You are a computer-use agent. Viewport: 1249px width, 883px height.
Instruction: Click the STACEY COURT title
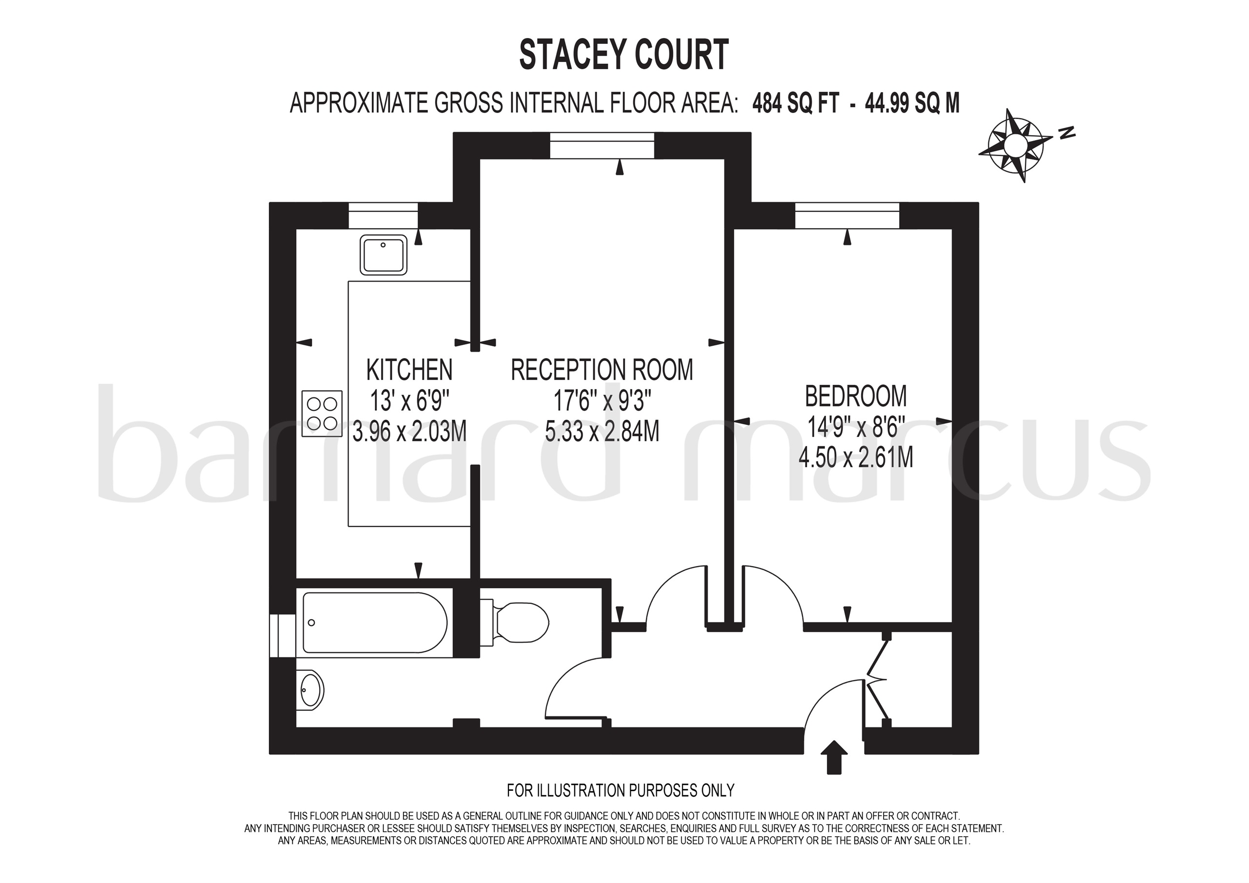tap(624, 55)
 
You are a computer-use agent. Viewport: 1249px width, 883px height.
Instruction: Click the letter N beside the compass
tap(1068, 132)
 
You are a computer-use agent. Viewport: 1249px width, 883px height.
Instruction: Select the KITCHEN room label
tap(409, 370)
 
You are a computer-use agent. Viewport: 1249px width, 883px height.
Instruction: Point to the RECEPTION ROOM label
tap(602, 370)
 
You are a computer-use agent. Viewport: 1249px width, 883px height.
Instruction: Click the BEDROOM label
tap(856, 396)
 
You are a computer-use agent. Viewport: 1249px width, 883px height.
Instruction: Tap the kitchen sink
tap(383, 255)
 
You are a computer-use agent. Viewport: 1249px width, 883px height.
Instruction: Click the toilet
tap(520, 622)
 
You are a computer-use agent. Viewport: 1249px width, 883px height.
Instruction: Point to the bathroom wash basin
tap(311, 690)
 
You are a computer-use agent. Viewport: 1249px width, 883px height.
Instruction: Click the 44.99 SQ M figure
tap(912, 103)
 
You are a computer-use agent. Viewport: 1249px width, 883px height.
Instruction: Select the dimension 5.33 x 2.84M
tap(602, 431)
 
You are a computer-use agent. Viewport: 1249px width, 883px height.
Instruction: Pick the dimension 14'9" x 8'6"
tap(856, 427)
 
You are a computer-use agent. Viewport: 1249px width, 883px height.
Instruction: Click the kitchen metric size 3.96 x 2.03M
tap(409, 431)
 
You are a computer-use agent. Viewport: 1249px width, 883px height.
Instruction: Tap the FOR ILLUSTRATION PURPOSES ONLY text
tap(620, 790)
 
